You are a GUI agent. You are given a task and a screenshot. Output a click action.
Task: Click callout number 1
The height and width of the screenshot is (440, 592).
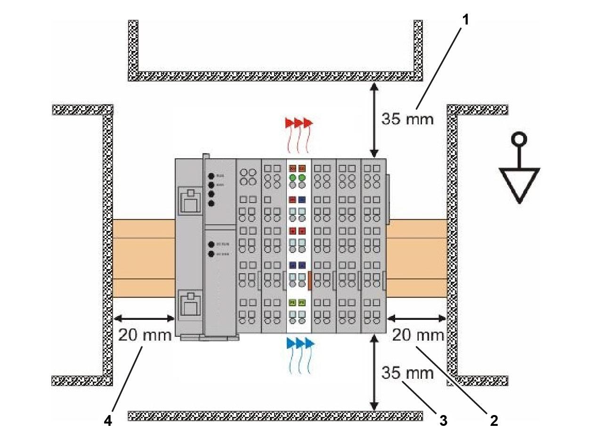click(x=465, y=21)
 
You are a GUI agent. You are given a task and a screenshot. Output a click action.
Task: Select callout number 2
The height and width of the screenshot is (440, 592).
click(x=493, y=420)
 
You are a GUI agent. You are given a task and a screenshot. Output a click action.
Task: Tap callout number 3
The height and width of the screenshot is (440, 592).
click(x=443, y=420)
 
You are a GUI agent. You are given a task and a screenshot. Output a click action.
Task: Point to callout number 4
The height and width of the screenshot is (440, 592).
click(x=108, y=420)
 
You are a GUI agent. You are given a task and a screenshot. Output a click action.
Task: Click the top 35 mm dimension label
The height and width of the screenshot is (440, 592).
click(x=407, y=119)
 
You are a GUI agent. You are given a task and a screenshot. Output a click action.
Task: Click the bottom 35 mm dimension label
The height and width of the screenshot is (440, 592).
click(x=407, y=373)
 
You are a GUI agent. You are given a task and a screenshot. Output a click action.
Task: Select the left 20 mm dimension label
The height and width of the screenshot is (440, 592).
click(x=145, y=335)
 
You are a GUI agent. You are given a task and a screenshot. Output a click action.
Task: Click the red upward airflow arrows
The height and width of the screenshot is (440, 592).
click(x=299, y=123)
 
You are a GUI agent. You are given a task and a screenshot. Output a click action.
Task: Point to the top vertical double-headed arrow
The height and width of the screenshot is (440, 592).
click(x=374, y=120)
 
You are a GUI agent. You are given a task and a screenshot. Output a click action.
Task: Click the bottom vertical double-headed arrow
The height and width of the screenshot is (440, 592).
click(x=374, y=372)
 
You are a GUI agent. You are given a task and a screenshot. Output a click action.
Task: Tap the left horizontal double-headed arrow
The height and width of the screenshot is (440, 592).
click(x=145, y=318)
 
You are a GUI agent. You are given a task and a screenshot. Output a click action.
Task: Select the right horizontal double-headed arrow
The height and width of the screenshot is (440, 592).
click(x=416, y=318)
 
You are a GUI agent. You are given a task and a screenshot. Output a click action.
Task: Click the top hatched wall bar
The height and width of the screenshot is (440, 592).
click(x=276, y=76)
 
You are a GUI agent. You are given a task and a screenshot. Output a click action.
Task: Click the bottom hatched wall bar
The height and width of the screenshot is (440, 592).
click(x=276, y=416)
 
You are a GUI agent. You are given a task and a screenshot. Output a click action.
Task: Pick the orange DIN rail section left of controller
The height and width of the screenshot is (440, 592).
click(x=144, y=258)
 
